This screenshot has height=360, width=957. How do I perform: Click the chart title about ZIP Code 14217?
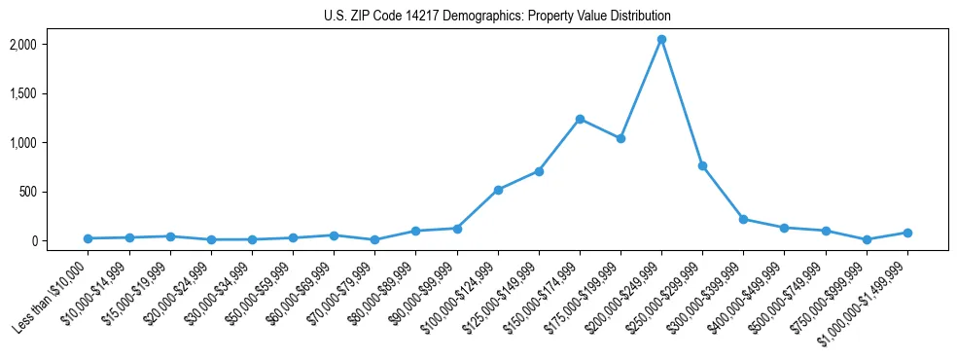point(497,17)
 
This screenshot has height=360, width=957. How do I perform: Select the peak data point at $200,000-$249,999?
point(661,40)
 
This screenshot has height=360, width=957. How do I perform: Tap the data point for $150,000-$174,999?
point(580,119)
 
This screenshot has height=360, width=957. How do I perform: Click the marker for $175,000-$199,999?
point(620,138)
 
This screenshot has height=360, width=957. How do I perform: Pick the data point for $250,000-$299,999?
point(702,166)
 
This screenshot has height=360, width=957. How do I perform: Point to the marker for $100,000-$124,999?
point(498,190)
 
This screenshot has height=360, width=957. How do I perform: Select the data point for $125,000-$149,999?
point(539,171)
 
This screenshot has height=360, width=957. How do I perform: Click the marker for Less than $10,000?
point(89,238)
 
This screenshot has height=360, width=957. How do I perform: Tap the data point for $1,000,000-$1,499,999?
point(907,233)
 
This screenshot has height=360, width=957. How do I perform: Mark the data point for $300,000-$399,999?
point(743,219)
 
